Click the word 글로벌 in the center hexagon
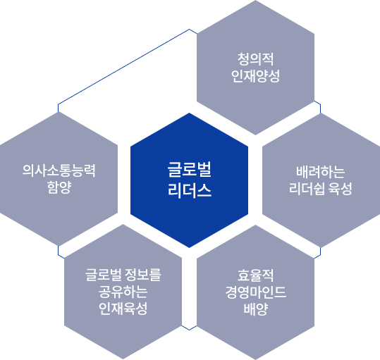click(x=189, y=170)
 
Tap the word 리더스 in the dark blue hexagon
click(x=189, y=190)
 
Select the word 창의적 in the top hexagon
click(x=255, y=59)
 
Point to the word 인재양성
click(x=255, y=76)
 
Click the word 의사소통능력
click(x=59, y=170)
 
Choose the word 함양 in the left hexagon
click(x=59, y=187)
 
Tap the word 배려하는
click(x=320, y=172)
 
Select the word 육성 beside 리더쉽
click(x=340, y=189)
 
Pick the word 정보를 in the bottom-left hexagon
click(x=143, y=275)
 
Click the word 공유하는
click(x=123, y=292)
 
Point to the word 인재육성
click(x=123, y=309)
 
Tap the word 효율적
click(x=255, y=275)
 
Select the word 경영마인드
click(x=255, y=292)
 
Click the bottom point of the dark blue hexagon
click(x=189, y=248)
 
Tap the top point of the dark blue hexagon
click(x=189, y=113)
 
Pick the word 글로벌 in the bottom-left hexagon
click(x=103, y=275)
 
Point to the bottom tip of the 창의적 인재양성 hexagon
click(x=255, y=135)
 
